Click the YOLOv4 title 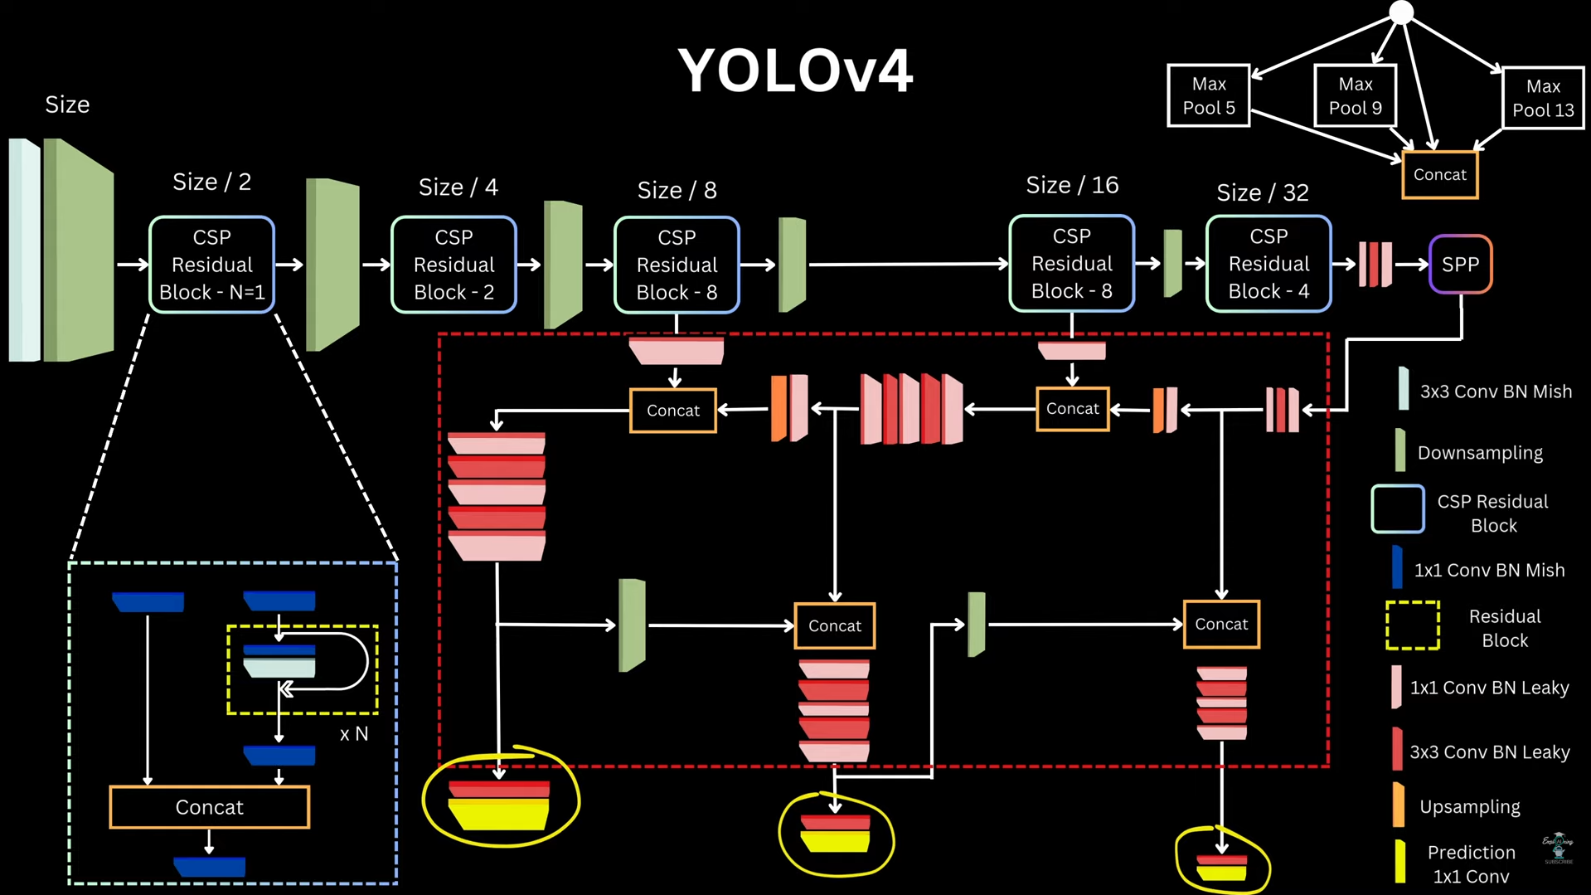tap(795, 71)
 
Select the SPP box tap(1460, 265)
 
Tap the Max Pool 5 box tap(1208, 95)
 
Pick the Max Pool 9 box tap(1355, 95)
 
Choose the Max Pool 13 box tap(1542, 98)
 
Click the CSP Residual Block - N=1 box tap(211, 265)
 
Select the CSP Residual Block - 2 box tap(454, 265)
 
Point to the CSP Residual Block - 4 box tap(1268, 264)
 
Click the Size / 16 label tap(1071, 185)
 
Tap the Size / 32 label tap(1262, 192)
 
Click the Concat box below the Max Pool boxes tap(1439, 175)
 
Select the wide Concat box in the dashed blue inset tap(209, 807)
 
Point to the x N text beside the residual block tap(354, 734)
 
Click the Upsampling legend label tap(1469, 807)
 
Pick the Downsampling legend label tap(1479, 453)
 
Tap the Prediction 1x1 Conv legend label tap(1471, 864)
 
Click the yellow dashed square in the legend tap(1412, 625)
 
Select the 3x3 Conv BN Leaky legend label tap(1489, 752)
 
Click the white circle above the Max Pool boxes tap(1401, 12)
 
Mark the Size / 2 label tap(211, 182)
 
